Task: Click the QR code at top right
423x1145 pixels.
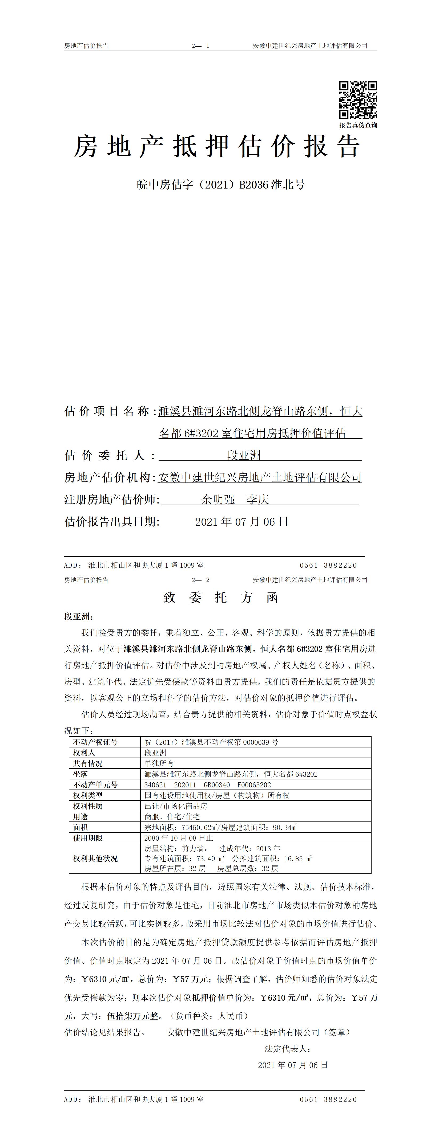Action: tap(358, 100)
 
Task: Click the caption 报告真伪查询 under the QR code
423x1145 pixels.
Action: tap(358, 125)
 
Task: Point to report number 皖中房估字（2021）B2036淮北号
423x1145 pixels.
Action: tap(221, 185)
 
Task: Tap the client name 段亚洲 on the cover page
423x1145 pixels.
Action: tap(244, 455)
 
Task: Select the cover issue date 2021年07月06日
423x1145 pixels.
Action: tap(241, 521)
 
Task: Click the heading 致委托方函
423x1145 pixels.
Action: tap(221, 597)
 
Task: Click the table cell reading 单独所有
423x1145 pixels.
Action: tap(159, 763)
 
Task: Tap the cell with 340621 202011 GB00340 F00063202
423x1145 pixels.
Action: tap(207, 784)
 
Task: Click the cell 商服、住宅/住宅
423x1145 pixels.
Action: tap(172, 816)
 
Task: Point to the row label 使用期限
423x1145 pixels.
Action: tap(88, 838)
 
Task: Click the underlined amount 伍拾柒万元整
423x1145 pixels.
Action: tap(132, 1016)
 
